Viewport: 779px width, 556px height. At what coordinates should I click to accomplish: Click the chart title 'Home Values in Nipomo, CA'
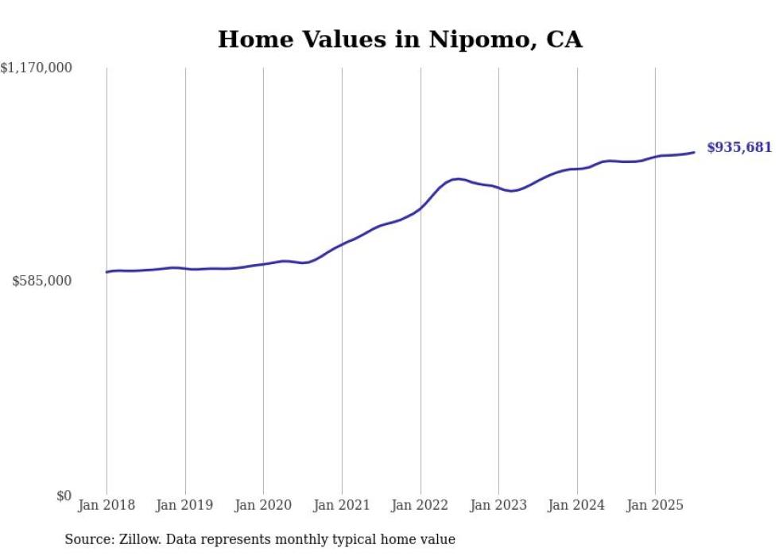pos(400,39)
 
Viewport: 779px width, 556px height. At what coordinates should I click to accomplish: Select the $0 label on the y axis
pos(64,496)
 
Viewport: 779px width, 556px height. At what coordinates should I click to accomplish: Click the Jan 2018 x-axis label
pos(107,505)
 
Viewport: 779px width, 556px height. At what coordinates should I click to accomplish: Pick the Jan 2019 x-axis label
pos(185,505)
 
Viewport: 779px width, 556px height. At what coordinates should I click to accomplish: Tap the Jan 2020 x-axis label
pos(263,505)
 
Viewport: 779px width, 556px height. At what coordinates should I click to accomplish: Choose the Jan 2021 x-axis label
pos(342,505)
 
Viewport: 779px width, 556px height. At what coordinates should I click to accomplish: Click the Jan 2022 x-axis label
pos(421,505)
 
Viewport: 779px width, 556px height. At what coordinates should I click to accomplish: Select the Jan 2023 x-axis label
pos(498,505)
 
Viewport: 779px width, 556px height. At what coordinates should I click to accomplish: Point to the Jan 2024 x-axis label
pos(577,505)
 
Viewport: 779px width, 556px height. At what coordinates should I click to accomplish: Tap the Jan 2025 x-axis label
pos(655,505)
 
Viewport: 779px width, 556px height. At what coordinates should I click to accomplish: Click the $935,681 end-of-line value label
pos(739,147)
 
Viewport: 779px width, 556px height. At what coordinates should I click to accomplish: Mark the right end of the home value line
pos(695,152)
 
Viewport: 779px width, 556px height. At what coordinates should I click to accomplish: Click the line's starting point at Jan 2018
pos(107,272)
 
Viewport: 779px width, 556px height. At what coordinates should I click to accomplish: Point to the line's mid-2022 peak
pos(457,179)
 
